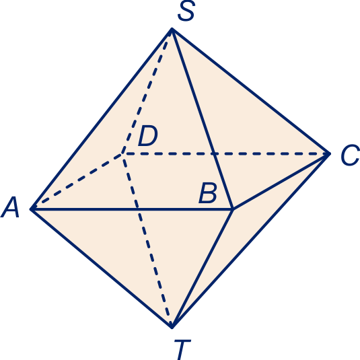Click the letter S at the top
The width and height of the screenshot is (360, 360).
pyautogui.click(x=186, y=11)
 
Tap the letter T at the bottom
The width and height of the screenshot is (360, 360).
pyautogui.click(x=182, y=349)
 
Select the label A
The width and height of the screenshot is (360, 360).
pyautogui.click(x=10, y=207)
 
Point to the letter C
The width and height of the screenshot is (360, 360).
pyautogui.click(x=350, y=155)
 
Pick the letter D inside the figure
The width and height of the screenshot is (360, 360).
pyautogui.click(x=148, y=136)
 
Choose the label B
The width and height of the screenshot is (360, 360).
pyautogui.click(x=208, y=192)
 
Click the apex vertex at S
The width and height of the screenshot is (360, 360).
pyautogui.click(x=172, y=29)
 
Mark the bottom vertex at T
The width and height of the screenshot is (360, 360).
pyautogui.click(x=172, y=327)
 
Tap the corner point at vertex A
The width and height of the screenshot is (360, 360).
pyautogui.click(x=32, y=209)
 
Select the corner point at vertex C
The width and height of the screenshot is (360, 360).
pyautogui.click(x=329, y=153)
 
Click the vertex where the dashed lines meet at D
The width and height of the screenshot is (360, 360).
pyautogui.click(x=123, y=153)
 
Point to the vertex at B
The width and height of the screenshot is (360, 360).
pyautogui.click(x=233, y=209)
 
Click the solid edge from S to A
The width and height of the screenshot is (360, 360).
pyautogui.click(x=102, y=119)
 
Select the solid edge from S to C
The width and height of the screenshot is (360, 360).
pyautogui.click(x=250, y=91)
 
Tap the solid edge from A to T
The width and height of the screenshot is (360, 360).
pyautogui.click(x=102, y=268)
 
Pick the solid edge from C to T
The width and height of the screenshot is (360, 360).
pyautogui.click(x=250, y=240)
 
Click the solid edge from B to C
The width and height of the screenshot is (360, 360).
pyautogui.click(x=281, y=182)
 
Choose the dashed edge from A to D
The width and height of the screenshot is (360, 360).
pyautogui.click(x=77, y=182)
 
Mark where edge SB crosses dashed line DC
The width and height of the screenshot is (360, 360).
pyautogui.click(x=214, y=153)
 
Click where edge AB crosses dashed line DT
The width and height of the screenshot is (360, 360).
pyautogui.click(x=138, y=209)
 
